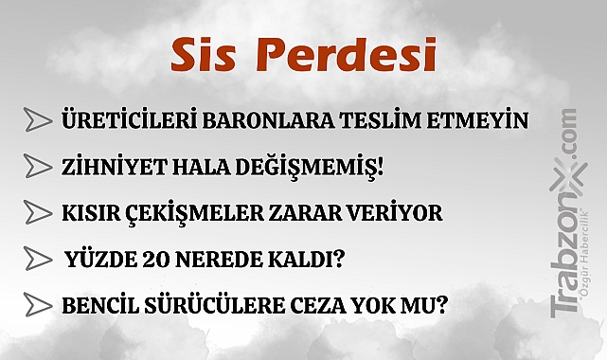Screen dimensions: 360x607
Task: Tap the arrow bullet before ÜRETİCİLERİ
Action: tap(37, 120)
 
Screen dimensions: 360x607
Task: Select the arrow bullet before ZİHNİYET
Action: tap(37, 166)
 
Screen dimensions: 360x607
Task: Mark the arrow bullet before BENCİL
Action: tap(37, 305)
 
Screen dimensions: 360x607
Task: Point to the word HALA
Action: tap(188, 167)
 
